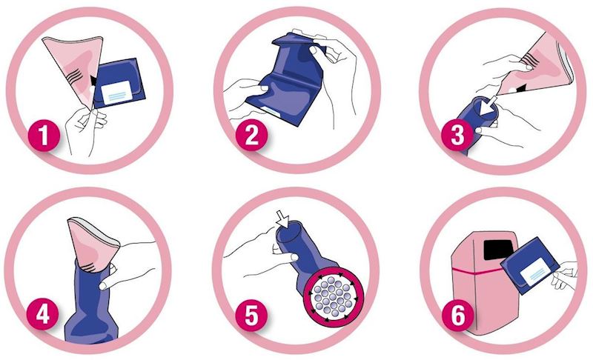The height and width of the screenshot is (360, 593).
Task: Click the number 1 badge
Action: coord(44,136)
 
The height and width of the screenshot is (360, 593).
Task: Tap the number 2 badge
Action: coord(251,136)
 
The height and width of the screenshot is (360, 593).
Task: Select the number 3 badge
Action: coord(457,136)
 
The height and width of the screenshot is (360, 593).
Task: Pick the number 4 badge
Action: coord(43,313)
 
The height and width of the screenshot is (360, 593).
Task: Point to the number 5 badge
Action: coord(251,315)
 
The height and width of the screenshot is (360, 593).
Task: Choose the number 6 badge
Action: coord(458,315)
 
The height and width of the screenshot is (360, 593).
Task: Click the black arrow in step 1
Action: coord(93,81)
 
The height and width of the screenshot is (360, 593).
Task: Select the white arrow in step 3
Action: coord(488,104)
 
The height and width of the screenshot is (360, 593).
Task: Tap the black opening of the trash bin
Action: coord(499,250)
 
